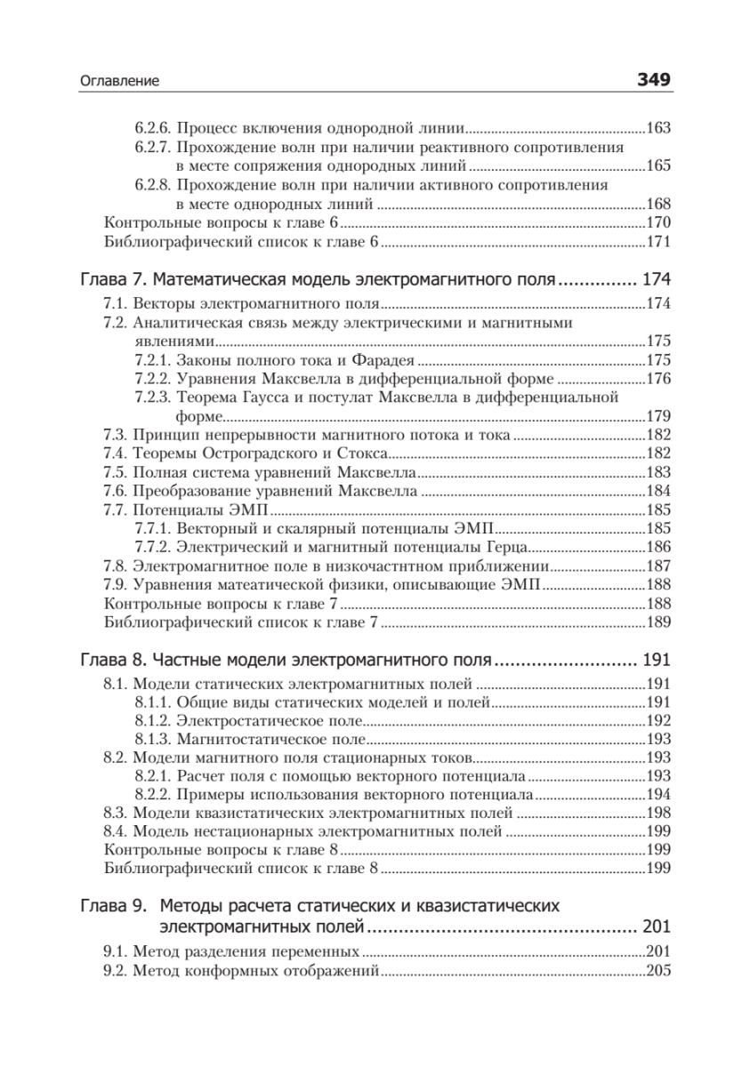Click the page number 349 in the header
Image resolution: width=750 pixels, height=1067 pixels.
coord(653,81)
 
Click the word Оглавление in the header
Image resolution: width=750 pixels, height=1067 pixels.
coord(119,82)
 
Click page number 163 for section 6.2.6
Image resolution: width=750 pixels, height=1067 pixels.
coord(658,128)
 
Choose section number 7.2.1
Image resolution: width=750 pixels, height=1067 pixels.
coord(153,360)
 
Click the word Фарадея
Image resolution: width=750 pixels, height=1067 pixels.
coord(386,360)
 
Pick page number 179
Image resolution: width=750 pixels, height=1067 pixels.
coord(658,415)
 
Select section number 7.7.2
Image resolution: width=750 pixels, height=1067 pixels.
coord(153,546)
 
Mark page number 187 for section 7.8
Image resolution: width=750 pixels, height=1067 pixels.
coord(658,566)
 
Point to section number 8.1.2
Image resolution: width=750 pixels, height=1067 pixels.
coord(153,721)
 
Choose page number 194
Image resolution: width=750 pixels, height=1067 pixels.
coord(658,795)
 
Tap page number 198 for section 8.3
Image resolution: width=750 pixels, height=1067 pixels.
coord(658,813)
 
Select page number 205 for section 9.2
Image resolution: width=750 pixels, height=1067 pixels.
coord(658,971)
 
